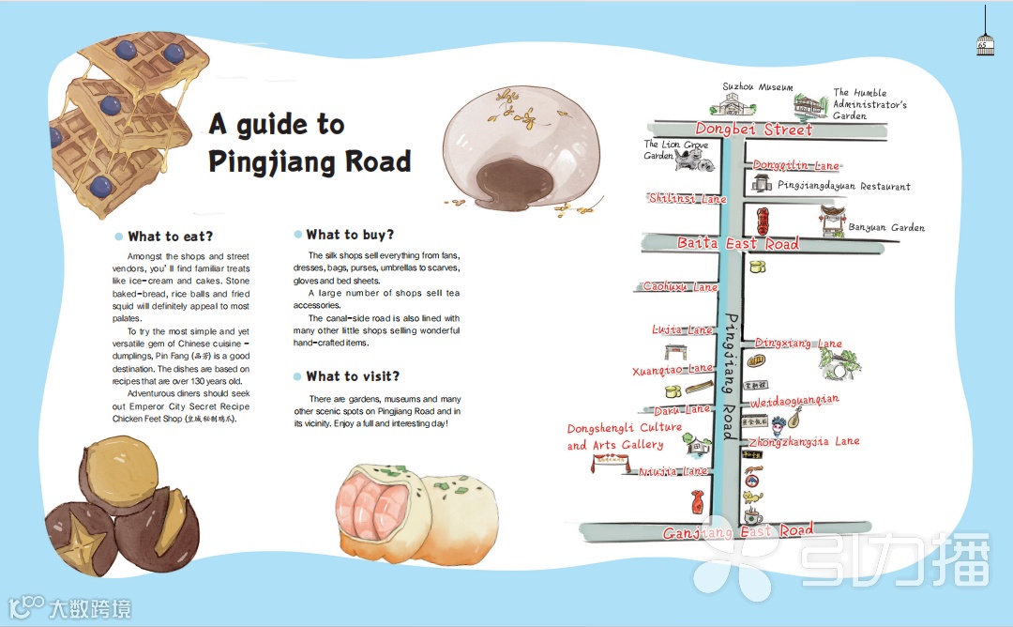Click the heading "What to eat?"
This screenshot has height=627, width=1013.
(x=170, y=237)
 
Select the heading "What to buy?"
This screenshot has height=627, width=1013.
(x=350, y=235)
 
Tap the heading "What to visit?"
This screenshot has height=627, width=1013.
(x=353, y=376)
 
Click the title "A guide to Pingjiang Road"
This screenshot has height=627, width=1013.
(x=310, y=143)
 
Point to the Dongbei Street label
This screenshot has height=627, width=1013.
(x=754, y=130)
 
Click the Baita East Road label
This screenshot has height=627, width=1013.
(x=738, y=244)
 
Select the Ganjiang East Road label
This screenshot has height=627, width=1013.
(x=738, y=532)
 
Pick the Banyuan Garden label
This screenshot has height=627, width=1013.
(x=886, y=227)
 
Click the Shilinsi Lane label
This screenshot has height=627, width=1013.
(x=688, y=199)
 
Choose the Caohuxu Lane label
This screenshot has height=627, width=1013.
(x=680, y=287)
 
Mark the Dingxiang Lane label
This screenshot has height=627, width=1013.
(x=798, y=344)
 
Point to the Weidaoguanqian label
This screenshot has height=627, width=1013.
(x=794, y=402)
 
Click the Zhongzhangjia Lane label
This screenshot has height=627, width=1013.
(x=804, y=441)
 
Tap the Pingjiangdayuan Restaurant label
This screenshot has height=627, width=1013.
(x=844, y=187)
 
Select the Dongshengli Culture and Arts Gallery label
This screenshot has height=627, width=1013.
(x=624, y=436)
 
